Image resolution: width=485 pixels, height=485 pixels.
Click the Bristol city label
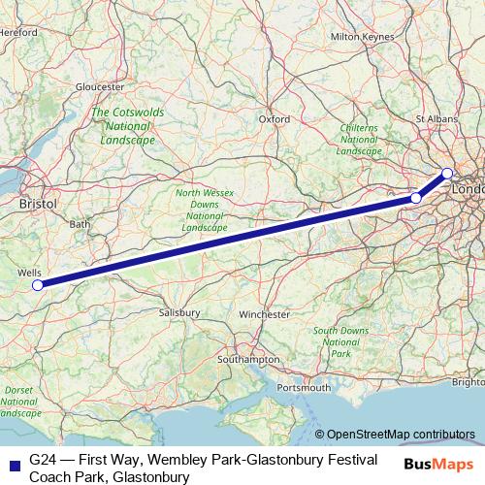(39, 205)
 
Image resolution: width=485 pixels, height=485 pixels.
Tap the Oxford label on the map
(275, 119)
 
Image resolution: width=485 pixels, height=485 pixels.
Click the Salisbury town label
(179, 313)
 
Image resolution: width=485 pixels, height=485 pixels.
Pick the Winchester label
(265, 314)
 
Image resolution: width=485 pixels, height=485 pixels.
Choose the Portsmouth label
(300, 388)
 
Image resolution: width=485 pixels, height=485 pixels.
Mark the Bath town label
(80, 224)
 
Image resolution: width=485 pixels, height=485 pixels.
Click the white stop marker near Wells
(38, 285)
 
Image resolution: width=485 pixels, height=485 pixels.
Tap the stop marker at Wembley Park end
(447, 174)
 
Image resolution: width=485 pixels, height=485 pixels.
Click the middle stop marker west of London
(416, 198)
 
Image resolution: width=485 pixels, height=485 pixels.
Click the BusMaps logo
(444, 464)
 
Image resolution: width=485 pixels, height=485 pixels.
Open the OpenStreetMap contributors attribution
(400, 434)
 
